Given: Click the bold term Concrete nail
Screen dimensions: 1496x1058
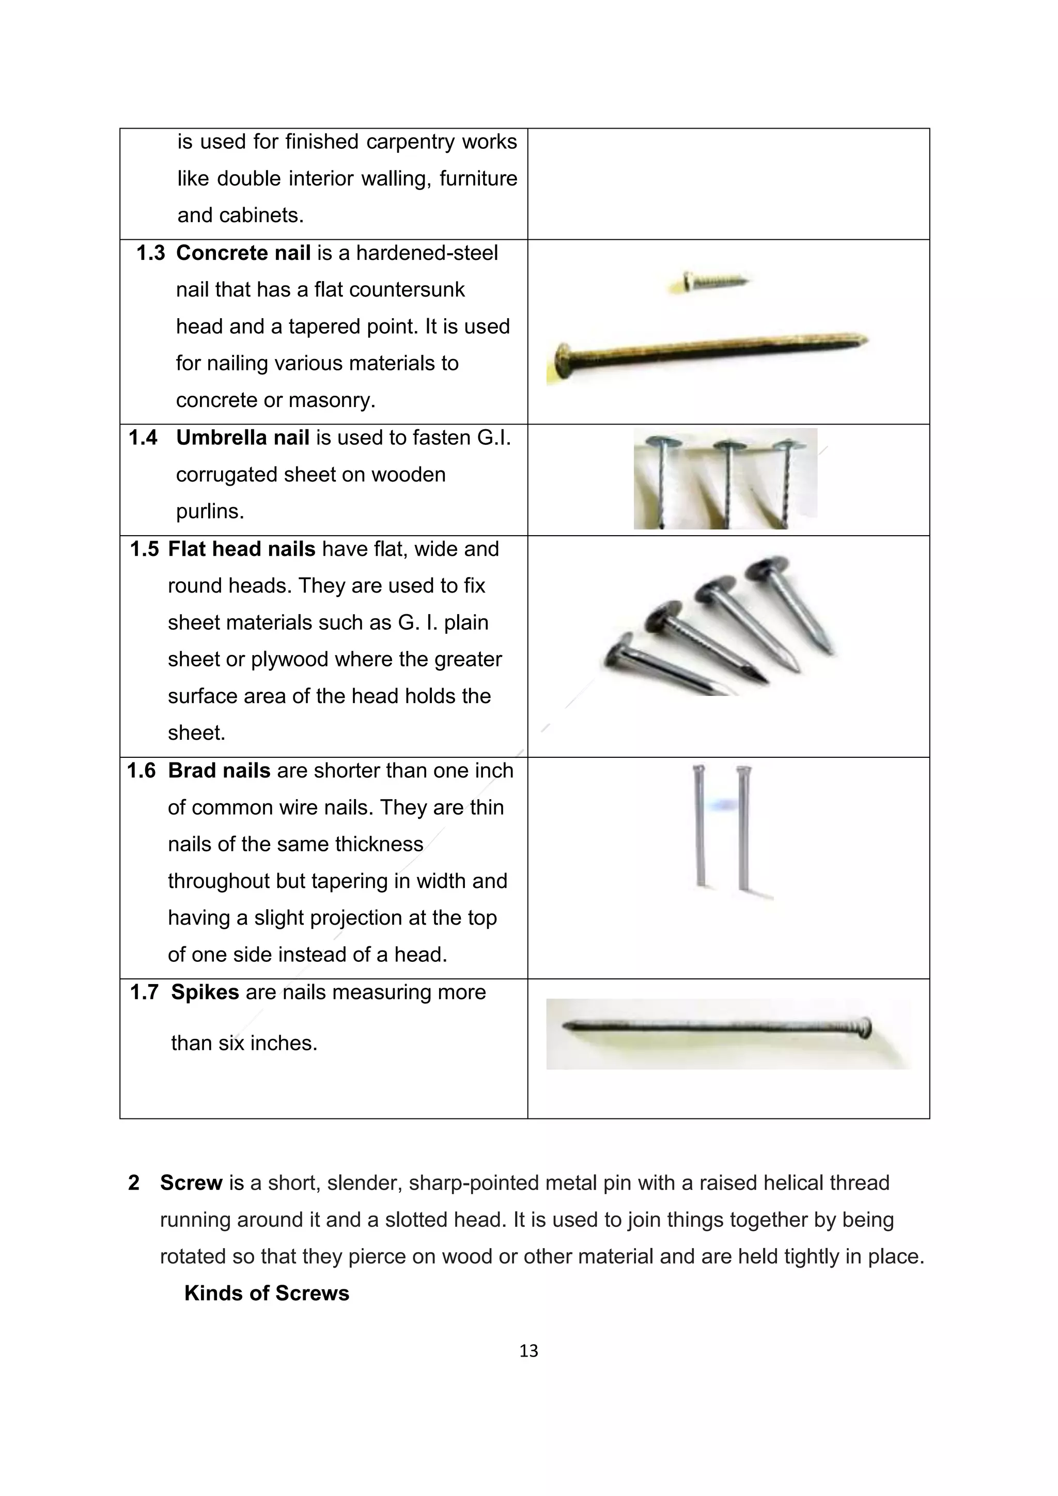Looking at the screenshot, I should click(243, 253).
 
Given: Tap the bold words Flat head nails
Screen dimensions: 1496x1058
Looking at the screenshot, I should click(241, 549).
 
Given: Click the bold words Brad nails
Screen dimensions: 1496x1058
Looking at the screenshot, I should click(219, 771).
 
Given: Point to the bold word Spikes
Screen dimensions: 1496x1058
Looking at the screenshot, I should click(205, 992).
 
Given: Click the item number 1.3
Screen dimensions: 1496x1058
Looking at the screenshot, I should click(150, 253).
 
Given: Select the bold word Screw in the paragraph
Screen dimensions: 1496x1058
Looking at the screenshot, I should click(191, 1182).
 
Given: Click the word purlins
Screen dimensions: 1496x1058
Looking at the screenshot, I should click(209, 511).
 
